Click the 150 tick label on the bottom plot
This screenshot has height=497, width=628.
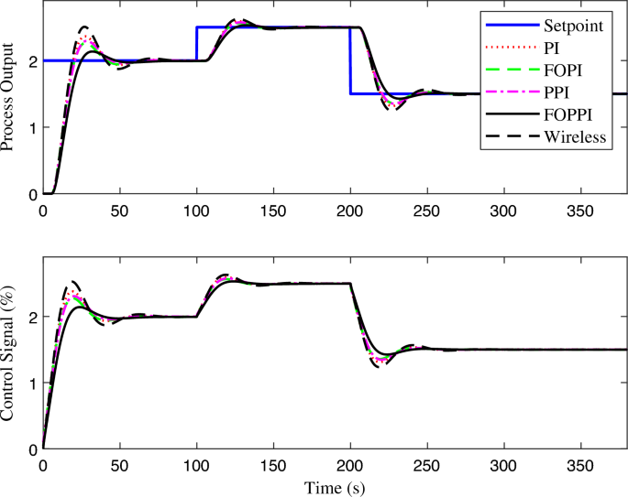point(273,464)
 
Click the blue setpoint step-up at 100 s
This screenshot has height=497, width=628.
point(197,44)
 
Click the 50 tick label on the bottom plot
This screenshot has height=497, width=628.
point(119,464)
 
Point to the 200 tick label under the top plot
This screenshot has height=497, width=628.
point(350,210)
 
